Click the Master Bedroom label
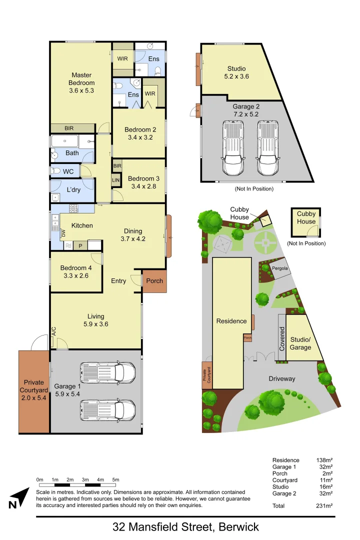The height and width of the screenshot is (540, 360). click(81, 79)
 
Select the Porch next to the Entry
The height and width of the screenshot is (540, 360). click(154, 281)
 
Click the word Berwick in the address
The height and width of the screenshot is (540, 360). click(237, 526)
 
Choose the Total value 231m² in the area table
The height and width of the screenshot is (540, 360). click(325, 506)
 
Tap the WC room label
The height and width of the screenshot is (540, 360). click(68, 171)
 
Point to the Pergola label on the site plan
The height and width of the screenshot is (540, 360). click(280, 268)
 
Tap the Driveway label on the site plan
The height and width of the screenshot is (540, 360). click(281, 378)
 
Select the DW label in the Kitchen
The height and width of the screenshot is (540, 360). click(63, 233)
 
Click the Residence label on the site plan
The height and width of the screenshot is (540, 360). click(231, 321)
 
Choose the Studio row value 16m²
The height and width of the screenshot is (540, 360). click(326, 486)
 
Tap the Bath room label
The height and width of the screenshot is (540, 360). click(72, 153)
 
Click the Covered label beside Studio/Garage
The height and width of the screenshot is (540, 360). click(282, 338)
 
